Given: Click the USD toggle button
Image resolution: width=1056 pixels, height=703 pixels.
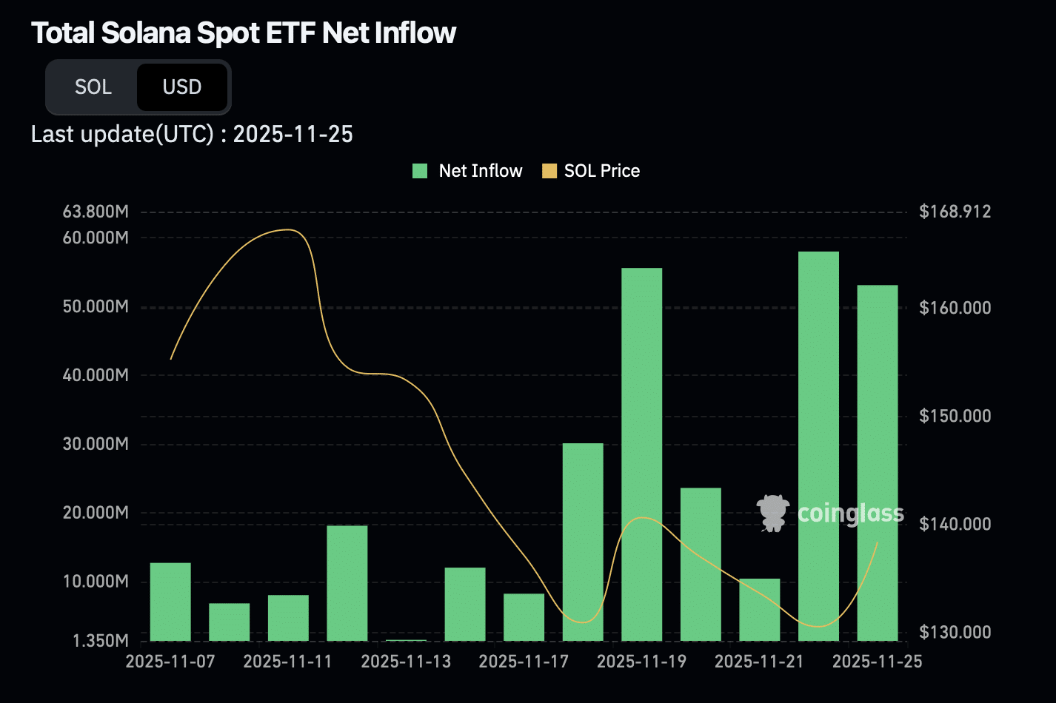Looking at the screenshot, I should click(182, 87).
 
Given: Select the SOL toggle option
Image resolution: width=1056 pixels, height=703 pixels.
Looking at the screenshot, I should click(93, 87).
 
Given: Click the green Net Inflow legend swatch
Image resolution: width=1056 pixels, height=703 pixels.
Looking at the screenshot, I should click(420, 171).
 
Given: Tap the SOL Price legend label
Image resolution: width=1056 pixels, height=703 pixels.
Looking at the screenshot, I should click(601, 171).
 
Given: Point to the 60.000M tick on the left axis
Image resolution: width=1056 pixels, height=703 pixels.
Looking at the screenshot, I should click(96, 238).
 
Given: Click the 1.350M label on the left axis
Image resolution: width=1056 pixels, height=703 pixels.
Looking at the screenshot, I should click(100, 641).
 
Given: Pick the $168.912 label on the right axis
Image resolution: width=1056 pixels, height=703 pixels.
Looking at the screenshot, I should click(955, 212).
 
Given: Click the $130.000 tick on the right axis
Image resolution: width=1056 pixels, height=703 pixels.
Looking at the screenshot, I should click(955, 632).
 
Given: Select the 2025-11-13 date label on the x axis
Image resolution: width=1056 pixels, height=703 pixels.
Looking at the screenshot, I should click(406, 661).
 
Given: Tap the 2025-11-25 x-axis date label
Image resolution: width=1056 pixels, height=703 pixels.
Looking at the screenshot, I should click(877, 661).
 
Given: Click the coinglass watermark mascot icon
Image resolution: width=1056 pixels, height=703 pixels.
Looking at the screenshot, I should click(772, 513).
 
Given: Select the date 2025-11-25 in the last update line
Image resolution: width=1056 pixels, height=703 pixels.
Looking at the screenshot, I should click(293, 135).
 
